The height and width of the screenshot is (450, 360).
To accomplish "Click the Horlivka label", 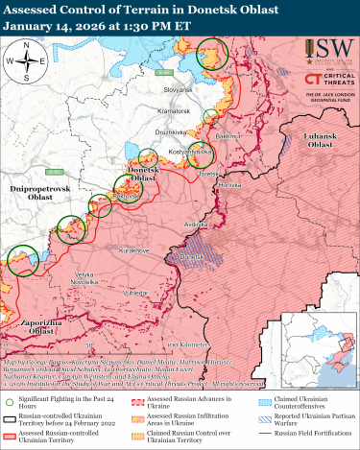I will click(228, 183).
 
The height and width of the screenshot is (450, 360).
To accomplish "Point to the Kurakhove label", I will click(132, 249).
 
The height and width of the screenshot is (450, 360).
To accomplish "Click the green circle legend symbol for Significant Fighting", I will click(9, 405).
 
